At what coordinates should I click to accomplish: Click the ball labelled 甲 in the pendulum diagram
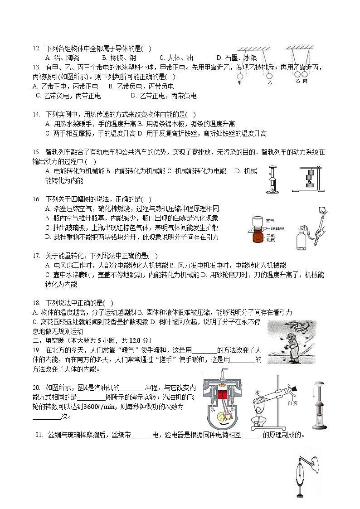240,76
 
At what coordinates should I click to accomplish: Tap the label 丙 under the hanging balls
305,81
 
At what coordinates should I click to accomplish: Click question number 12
37,48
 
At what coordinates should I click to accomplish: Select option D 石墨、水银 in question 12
237,58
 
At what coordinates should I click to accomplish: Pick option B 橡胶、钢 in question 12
119,58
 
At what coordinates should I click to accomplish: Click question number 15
37,152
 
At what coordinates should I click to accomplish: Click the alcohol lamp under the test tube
262,422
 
